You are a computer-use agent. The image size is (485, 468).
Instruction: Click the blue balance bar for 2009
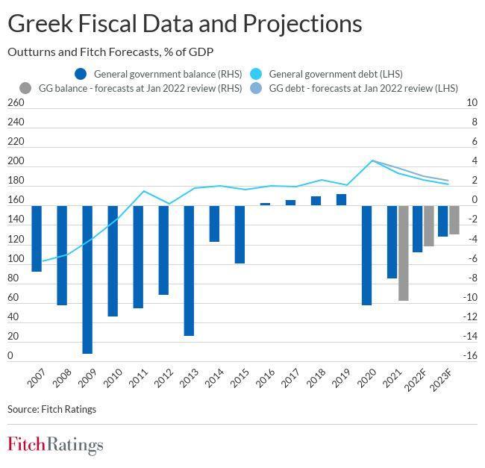tap(87, 279)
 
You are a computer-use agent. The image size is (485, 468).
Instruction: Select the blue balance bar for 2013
tap(189, 270)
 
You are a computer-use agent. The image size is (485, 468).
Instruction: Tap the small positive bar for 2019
tap(341, 199)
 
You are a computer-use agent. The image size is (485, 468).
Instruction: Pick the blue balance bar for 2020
tap(366, 255)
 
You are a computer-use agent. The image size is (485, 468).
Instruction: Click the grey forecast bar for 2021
tap(404, 253)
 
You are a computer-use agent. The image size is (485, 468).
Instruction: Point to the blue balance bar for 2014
tap(214, 223)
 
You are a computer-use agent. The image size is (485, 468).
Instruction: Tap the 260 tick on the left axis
tap(16, 103)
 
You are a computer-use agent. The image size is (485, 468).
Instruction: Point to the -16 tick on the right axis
tap(469, 356)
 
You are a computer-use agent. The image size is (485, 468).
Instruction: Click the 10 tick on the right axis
tap(471, 103)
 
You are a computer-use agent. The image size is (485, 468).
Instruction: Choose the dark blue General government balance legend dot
tap(81, 74)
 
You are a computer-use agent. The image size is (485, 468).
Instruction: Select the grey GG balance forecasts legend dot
tap(25, 87)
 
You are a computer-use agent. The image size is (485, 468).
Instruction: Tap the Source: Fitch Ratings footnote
tap(51, 409)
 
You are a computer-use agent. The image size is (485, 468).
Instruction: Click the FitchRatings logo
tap(55, 446)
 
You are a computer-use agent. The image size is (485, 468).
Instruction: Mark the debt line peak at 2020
tap(372, 160)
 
